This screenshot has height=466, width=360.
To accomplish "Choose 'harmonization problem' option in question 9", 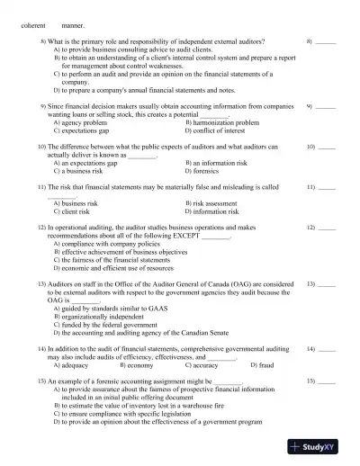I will coord(221,122).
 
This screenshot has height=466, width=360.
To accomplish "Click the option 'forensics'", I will coord(209,170).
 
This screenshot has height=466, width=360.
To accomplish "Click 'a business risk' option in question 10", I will coord(82,170).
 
